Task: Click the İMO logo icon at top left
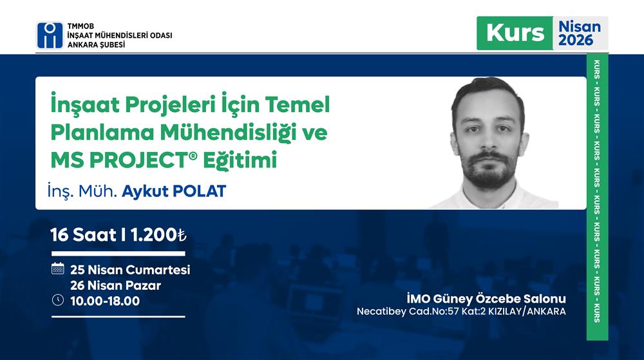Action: (50, 36)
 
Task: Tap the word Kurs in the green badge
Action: (515, 33)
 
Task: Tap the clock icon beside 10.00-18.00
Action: (57, 299)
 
